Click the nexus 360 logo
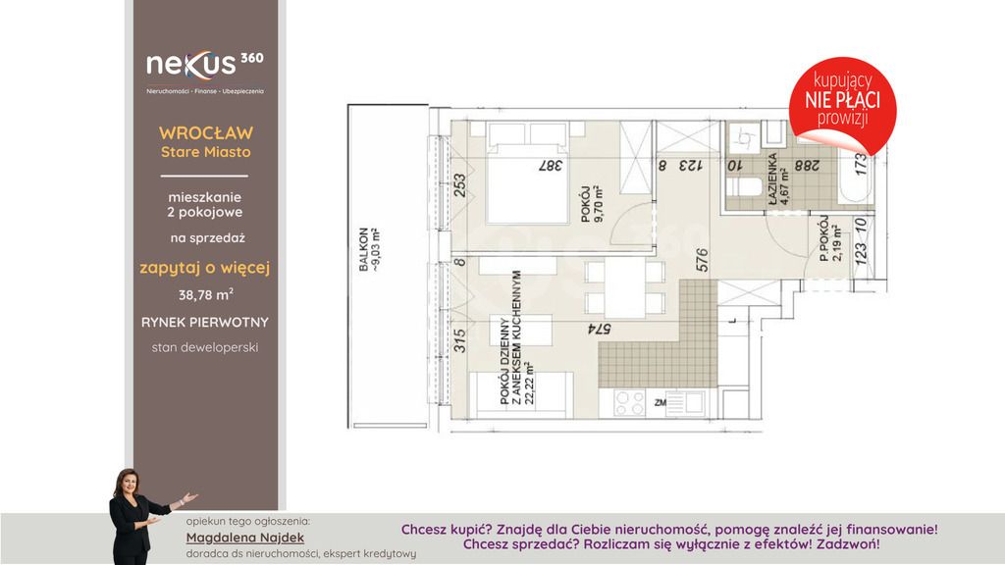click(205, 71)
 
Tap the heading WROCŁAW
click(206, 133)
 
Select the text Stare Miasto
click(206, 152)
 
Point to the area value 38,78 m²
click(206, 294)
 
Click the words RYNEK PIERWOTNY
click(205, 322)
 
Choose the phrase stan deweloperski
click(205, 348)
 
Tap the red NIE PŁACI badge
click(842, 100)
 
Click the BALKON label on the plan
click(364, 250)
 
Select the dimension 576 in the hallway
click(702, 260)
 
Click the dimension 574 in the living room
click(600, 330)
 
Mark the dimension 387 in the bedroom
click(550, 165)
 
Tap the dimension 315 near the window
click(459, 340)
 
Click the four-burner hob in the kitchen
click(629, 403)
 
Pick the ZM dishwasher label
click(660, 403)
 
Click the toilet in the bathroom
click(744, 187)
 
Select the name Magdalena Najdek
click(244, 538)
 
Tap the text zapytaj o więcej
click(205, 268)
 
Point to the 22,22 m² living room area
click(529, 384)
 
